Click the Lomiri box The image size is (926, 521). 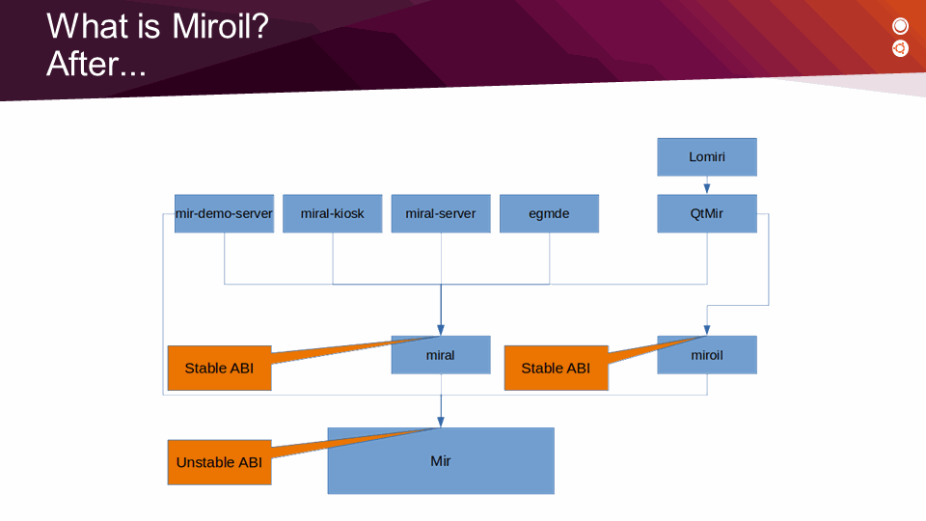click(707, 156)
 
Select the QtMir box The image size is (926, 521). click(707, 213)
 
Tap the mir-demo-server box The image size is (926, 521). click(224, 213)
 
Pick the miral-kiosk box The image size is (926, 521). click(333, 213)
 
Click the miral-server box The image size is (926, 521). click(441, 213)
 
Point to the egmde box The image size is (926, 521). click(549, 213)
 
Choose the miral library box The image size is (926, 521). click(441, 355)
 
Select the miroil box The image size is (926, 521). click(707, 355)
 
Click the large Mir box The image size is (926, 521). click(441, 461)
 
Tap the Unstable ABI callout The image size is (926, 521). click(219, 462)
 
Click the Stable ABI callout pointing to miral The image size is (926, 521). click(219, 368)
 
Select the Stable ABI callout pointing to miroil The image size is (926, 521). click(556, 368)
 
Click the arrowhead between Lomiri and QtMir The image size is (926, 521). click(707, 189)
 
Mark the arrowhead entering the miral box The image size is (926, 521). click(441, 330)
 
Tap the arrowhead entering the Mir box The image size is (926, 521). click(441, 422)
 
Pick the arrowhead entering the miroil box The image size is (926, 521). click(707, 330)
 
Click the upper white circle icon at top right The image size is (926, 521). click(901, 26)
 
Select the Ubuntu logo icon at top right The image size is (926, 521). click(901, 48)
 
